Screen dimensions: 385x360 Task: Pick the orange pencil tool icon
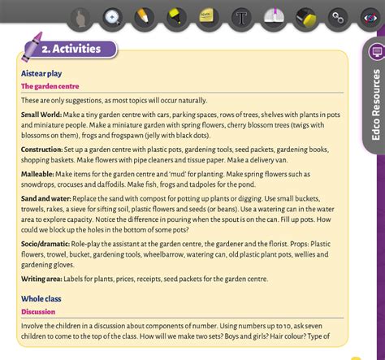pos(143,16)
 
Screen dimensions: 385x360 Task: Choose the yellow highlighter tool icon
pos(174,16)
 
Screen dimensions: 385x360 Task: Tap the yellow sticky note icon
pos(206,16)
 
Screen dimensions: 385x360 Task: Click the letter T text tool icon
pos(240,16)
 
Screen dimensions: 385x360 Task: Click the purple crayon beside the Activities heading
pos(30,48)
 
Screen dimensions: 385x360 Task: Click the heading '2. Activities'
pos(71,49)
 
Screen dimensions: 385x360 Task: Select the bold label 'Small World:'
pos(41,115)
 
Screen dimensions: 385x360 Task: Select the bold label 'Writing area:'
pos(42,279)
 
